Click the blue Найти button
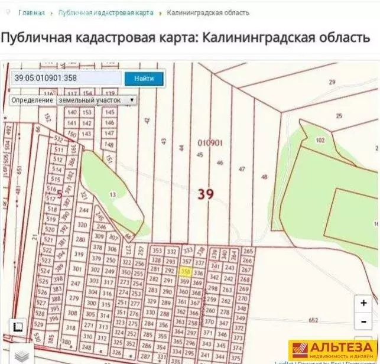144,78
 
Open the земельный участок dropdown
96,100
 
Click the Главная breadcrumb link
31,12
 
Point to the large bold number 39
204,194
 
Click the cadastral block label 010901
210,142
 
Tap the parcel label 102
320,141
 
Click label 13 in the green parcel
113,193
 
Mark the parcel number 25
339,116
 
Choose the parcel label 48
264,177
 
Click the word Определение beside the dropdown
32,100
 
